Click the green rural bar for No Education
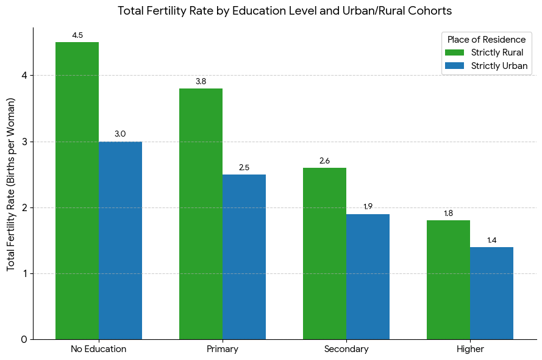[77, 190]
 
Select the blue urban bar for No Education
[120, 240]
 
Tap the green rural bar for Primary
[201, 214]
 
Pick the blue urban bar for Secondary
[368, 276]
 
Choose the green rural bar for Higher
[448, 280]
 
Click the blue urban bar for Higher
[491, 293]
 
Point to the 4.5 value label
[77, 35]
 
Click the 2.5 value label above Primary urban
[244, 167]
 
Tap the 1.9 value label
[368, 206]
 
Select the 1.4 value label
[491, 240]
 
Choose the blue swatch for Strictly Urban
[454, 66]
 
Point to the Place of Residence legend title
[487, 40]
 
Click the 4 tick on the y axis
[25, 76]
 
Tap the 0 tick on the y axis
[24, 340]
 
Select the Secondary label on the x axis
[346, 349]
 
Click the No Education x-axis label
[99, 349]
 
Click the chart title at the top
[285, 11]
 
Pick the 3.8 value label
[201, 81]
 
